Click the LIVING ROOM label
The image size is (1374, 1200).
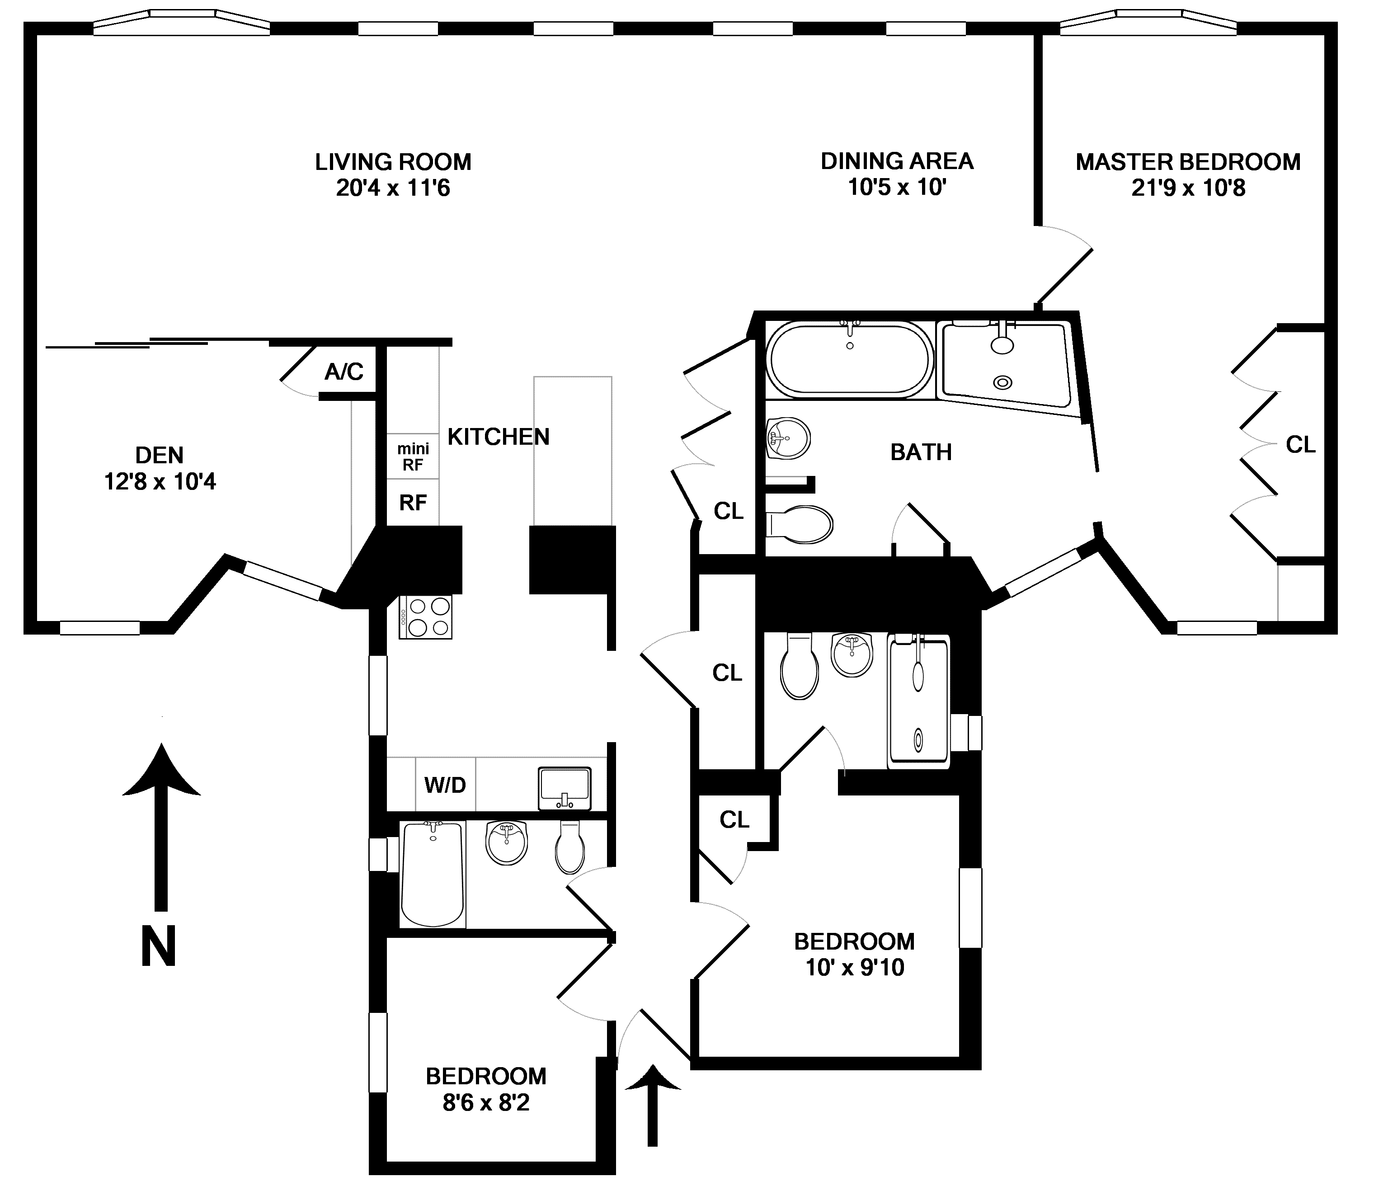pyautogui.click(x=393, y=162)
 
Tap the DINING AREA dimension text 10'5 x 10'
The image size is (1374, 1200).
pyautogui.click(x=897, y=188)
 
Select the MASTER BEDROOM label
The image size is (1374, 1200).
pyautogui.click(x=1188, y=162)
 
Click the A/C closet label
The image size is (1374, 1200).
pyautogui.click(x=343, y=372)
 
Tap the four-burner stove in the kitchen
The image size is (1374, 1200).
pyautogui.click(x=426, y=616)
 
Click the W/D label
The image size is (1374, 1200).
pyautogui.click(x=445, y=785)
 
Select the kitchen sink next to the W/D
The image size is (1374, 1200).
pyautogui.click(x=565, y=788)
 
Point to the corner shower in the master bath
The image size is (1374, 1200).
pyautogui.click(x=1004, y=365)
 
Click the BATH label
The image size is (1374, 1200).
pyautogui.click(x=921, y=453)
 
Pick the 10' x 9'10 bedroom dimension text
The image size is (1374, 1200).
pyautogui.click(x=854, y=968)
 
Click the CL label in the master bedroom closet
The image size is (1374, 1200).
pyautogui.click(x=1300, y=445)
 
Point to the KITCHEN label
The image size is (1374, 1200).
pyautogui.click(x=498, y=437)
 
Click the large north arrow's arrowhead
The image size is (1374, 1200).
pyautogui.click(x=161, y=770)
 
